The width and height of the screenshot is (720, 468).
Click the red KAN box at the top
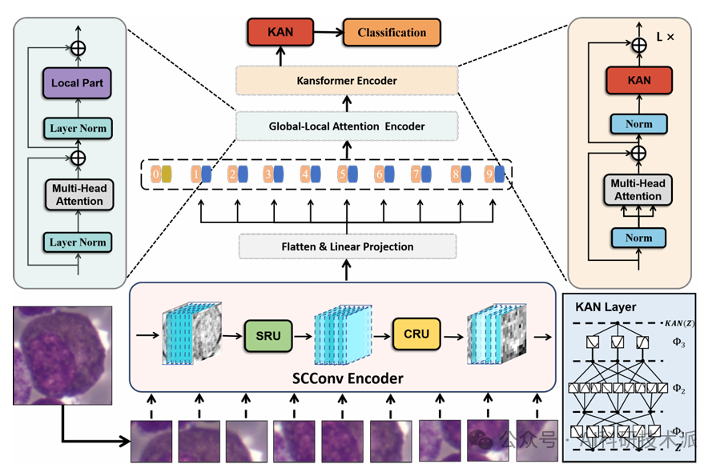[x=281, y=33]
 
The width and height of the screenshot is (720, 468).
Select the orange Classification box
[x=392, y=33]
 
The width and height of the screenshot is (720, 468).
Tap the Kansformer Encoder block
[x=347, y=80]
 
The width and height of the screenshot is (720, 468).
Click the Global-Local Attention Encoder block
[x=347, y=126]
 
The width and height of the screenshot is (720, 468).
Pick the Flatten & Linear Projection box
[x=347, y=246]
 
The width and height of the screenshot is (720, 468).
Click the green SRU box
[x=268, y=336]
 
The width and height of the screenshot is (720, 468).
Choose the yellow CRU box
[x=416, y=334]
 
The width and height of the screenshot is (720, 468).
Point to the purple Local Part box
[x=78, y=82]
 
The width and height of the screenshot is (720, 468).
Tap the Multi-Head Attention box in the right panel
[x=638, y=190]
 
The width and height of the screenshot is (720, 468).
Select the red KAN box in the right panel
[x=638, y=80]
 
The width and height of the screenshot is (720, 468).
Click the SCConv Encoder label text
[x=346, y=377]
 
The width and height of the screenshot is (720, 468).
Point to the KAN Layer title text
[x=605, y=306]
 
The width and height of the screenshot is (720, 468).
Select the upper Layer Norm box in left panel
[x=78, y=128]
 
